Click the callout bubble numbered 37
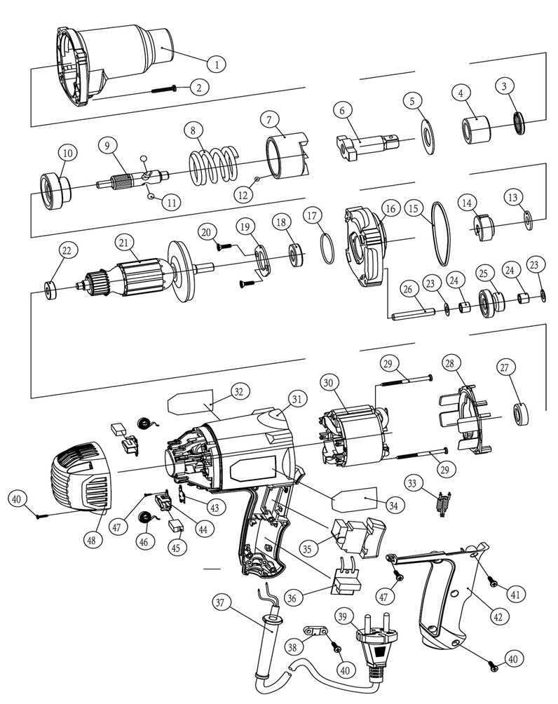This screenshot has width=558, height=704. [x=222, y=602]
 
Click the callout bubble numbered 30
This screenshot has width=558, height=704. [x=329, y=382]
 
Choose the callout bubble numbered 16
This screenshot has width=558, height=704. [x=390, y=208]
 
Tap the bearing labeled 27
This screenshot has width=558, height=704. [x=522, y=413]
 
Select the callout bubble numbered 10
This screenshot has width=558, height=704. [x=68, y=152]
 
